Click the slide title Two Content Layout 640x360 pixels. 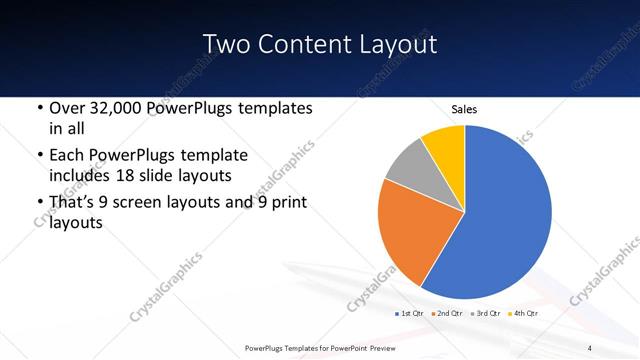tap(319, 44)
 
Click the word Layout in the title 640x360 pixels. tap(396, 44)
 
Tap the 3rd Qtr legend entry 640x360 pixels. tap(487, 314)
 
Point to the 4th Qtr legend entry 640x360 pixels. tap(525, 314)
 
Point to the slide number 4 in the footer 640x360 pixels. tap(590, 347)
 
